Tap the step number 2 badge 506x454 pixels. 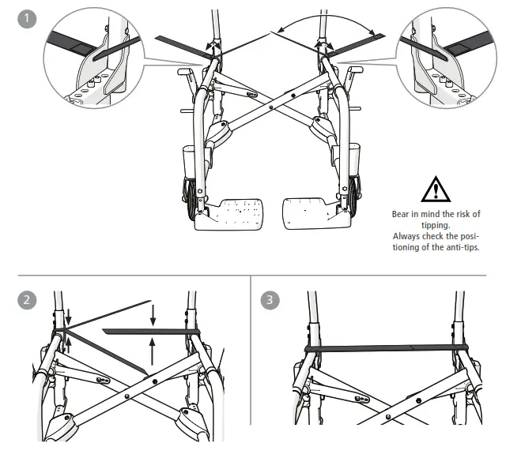coord(26,300)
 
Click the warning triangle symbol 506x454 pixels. coord(436,190)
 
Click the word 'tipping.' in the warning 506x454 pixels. coord(436,225)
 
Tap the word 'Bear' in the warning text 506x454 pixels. coord(402,214)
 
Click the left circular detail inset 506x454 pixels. coord(93,63)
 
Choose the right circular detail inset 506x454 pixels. coord(447,63)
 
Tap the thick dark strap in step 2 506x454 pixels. coord(149,330)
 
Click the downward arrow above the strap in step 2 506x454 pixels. coord(153,317)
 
